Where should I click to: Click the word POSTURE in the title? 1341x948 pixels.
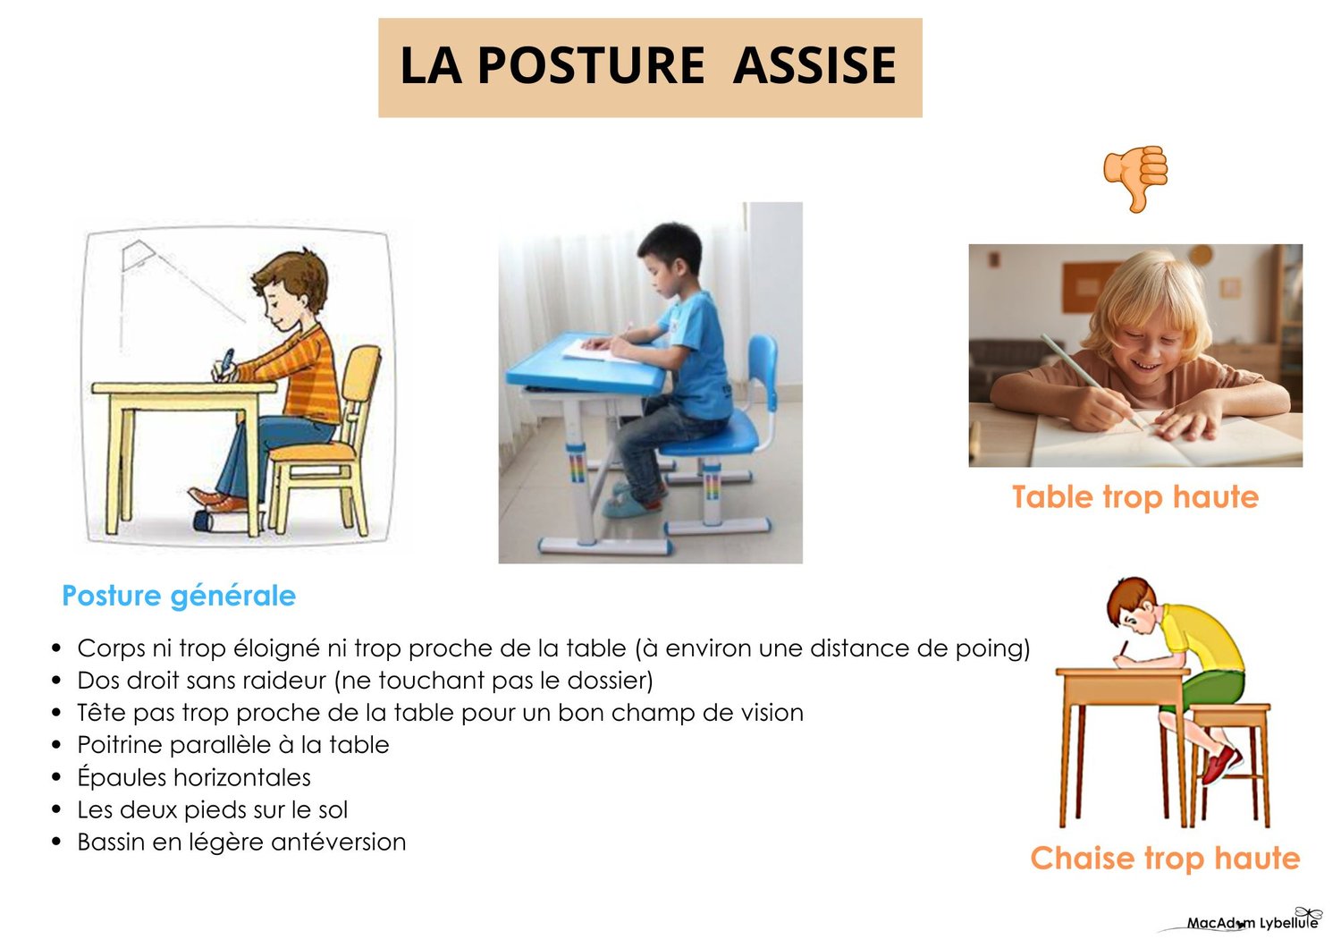click(x=592, y=65)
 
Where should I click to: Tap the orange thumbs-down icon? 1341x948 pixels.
click(x=1135, y=178)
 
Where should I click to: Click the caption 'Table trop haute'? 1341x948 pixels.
click(x=1135, y=496)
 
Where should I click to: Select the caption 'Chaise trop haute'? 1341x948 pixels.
click(x=1165, y=858)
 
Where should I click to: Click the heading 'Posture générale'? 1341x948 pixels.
click(x=179, y=596)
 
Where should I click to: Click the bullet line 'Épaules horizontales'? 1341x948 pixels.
click(x=194, y=777)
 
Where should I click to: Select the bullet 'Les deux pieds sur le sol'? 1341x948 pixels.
click(x=213, y=809)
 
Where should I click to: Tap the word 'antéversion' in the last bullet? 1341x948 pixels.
click(x=338, y=842)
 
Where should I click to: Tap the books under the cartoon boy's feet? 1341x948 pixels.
click(x=226, y=521)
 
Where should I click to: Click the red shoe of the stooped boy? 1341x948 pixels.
click(x=1222, y=764)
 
